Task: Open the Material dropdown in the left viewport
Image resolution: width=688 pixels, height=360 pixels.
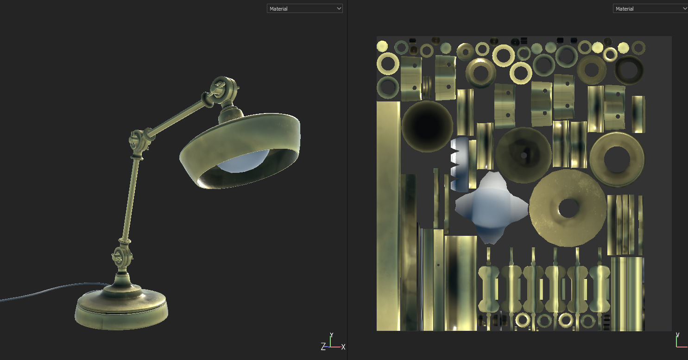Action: point(304,8)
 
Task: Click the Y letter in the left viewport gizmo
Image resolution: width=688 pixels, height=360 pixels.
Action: point(331,335)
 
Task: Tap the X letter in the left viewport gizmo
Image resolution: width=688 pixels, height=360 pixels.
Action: point(343,347)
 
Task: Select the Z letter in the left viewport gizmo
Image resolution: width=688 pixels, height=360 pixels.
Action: point(323,347)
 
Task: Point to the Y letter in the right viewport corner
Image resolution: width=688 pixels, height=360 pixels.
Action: point(678,335)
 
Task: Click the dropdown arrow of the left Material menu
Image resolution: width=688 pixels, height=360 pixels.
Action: point(338,8)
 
